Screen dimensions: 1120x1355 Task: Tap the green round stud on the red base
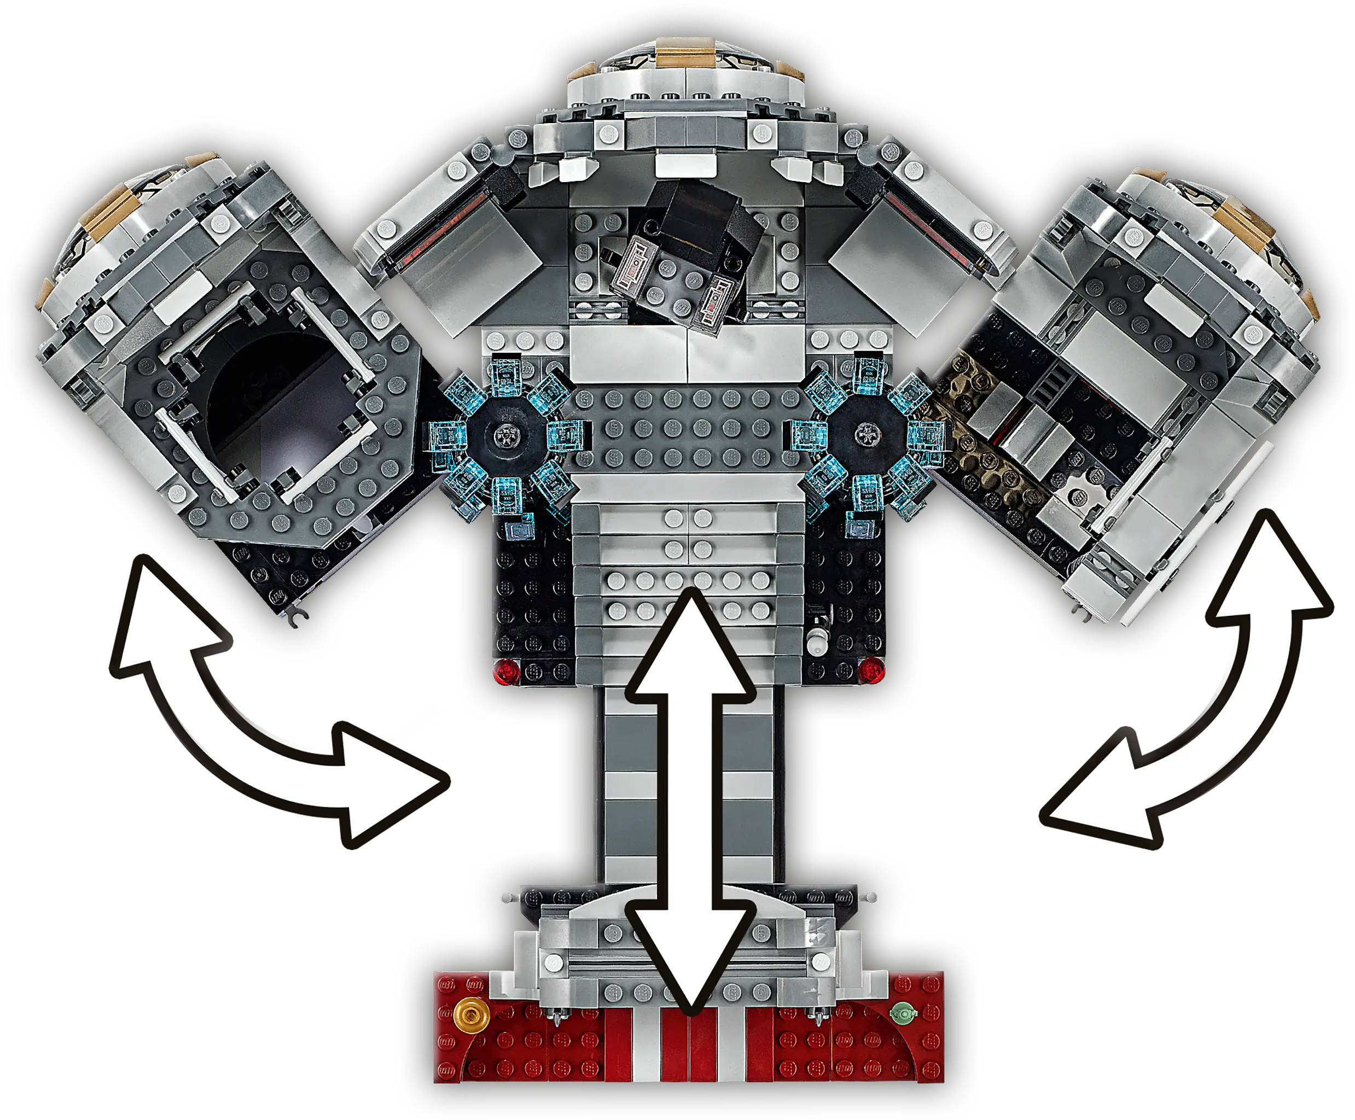point(903,1013)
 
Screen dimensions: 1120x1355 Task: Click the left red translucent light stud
point(506,670)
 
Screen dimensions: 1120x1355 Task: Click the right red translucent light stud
point(872,670)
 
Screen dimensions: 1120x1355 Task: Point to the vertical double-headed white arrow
point(690,800)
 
